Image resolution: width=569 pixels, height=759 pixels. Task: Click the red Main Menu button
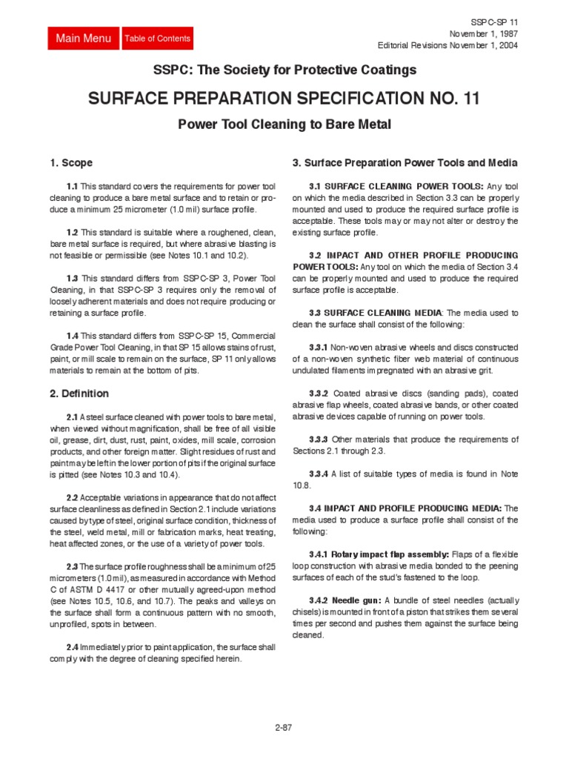click(x=84, y=39)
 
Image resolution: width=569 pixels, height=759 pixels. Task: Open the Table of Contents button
click(x=158, y=39)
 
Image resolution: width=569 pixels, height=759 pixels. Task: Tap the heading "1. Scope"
click(x=71, y=163)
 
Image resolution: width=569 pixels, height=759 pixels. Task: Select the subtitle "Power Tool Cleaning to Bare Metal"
click(x=284, y=125)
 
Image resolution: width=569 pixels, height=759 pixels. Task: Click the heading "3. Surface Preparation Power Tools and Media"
click(x=405, y=163)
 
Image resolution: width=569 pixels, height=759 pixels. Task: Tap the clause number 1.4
click(x=71, y=336)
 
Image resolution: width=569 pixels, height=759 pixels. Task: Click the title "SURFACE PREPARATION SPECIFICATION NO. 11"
click(x=284, y=98)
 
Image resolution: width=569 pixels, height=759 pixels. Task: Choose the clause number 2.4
click(x=71, y=647)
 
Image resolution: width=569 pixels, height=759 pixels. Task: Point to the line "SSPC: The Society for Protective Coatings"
click(x=284, y=70)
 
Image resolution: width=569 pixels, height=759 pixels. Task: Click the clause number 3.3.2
click(x=319, y=394)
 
